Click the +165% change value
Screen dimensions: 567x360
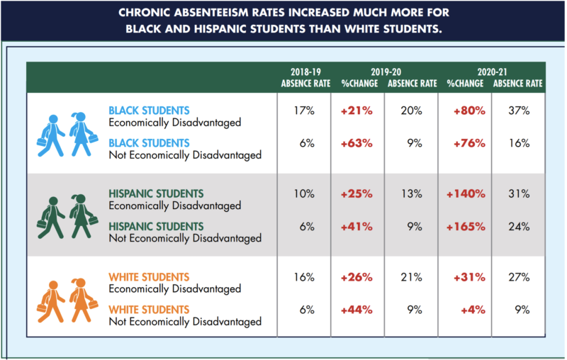[466, 227]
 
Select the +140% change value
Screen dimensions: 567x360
[466, 194]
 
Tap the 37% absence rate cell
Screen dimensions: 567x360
[519, 111]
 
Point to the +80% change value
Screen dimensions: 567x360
[469, 111]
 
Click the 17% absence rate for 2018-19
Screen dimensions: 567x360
[304, 111]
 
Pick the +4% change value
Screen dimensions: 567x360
[473, 310]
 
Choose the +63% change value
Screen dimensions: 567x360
[357, 143]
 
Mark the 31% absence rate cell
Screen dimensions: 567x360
[519, 194]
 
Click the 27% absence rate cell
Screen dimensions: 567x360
[519, 277]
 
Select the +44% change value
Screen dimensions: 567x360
[357, 310]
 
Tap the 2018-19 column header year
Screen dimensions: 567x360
[305, 72]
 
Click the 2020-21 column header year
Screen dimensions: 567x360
[492, 72]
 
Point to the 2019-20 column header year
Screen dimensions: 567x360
[386, 72]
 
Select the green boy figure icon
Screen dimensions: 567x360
[51, 218]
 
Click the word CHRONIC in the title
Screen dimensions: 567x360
[144, 13]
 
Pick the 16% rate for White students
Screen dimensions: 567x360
[304, 277]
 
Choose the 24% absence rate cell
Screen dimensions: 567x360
[519, 227]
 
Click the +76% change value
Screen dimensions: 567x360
[469, 143]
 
